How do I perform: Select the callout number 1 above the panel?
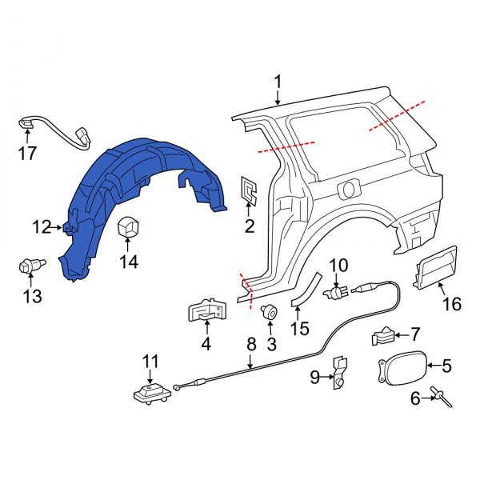tap(278, 82)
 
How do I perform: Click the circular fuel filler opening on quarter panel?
tap(348, 190)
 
